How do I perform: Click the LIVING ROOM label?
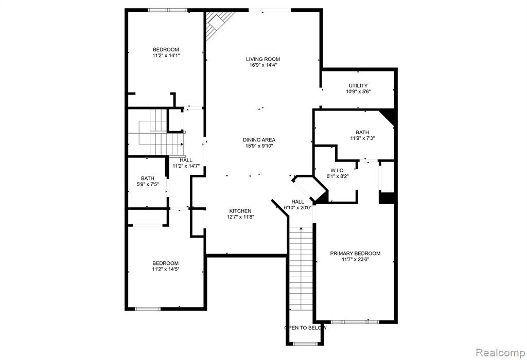[x=263, y=59]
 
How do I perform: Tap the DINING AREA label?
[x=259, y=140]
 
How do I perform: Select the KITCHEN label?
[x=240, y=211]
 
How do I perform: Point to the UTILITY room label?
[x=358, y=86]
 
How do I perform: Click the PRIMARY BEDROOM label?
[x=355, y=254]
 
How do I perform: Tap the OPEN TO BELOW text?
[x=306, y=328]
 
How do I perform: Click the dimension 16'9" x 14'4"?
[x=263, y=65]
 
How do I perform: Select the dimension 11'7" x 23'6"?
[x=355, y=260]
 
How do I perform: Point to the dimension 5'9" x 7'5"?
[x=148, y=184]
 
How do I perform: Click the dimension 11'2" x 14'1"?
[x=166, y=56]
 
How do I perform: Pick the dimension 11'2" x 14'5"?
[x=166, y=269]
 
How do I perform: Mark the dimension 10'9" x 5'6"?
[x=358, y=92]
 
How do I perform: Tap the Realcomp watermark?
[x=500, y=353]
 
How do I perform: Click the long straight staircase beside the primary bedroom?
[x=301, y=268]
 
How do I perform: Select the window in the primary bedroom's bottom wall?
[x=355, y=322]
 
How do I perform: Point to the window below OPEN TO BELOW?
[x=305, y=344]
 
